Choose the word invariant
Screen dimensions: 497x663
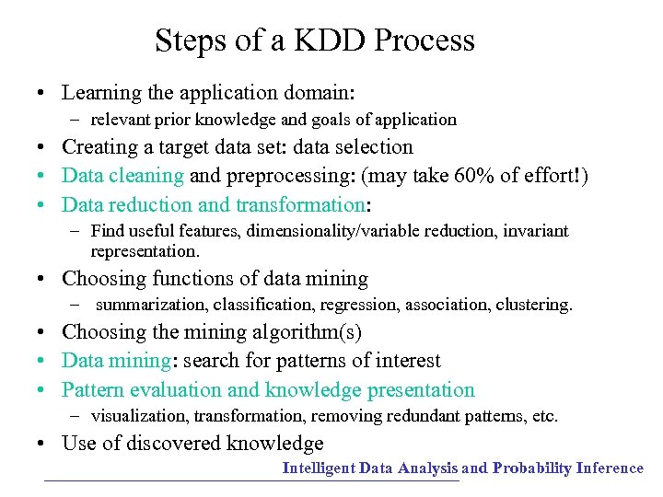tap(536, 231)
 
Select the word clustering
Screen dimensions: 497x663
tap(534, 305)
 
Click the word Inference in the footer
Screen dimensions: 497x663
tap(610, 468)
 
